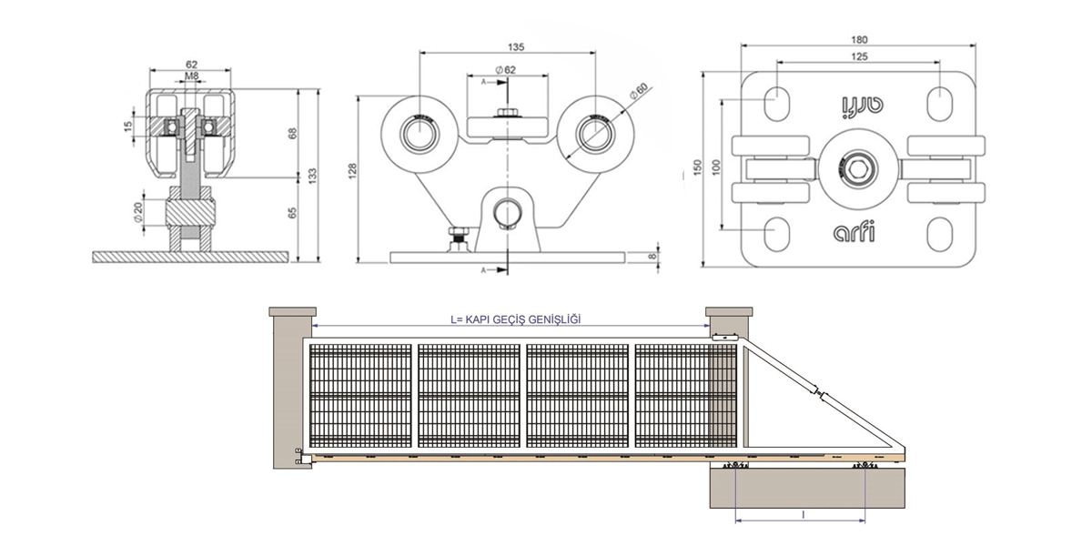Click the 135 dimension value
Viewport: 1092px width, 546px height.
[516, 46]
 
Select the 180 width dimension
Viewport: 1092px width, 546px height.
[859, 39]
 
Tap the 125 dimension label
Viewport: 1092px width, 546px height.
[859, 56]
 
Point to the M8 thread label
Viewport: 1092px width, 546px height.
[192, 76]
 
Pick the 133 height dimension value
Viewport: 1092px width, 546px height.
[312, 176]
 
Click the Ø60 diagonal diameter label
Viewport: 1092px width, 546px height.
[639, 91]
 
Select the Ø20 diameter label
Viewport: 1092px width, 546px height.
[138, 213]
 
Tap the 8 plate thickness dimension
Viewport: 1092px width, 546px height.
[653, 256]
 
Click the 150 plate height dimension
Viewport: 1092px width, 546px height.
[697, 167]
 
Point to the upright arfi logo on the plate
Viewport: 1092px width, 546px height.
[854, 232]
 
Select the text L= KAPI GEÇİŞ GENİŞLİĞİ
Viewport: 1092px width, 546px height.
[516, 319]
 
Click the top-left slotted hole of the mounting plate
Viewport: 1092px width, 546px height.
[776, 103]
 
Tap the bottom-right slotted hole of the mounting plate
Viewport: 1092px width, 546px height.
[939, 235]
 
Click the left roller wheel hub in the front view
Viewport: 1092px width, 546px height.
[419, 134]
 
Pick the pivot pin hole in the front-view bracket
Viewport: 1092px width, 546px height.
[508, 212]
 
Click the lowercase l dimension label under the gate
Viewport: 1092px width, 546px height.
[803, 515]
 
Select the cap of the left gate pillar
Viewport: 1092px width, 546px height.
[292, 311]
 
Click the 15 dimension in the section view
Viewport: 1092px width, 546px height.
[127, 126]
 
